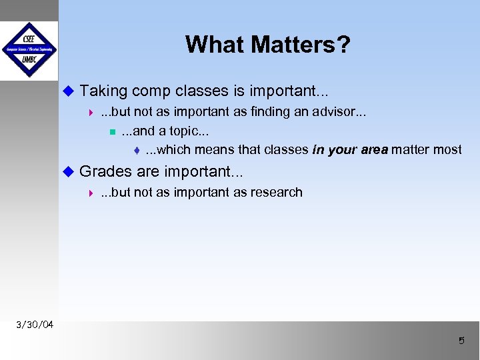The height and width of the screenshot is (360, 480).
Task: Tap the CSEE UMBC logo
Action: tap(29, 50)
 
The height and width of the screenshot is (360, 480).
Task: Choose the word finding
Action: tap(270, 111)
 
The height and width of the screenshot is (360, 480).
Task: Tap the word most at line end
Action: tap(446, 149)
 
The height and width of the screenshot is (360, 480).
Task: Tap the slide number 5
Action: tap(461, 341)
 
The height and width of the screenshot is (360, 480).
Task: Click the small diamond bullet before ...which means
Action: tap(136, 150)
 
